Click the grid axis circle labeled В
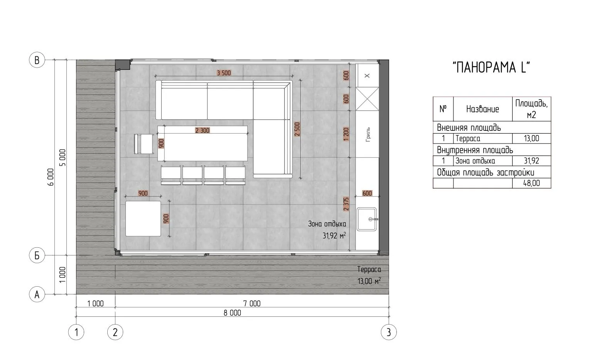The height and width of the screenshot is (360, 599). point(37,60)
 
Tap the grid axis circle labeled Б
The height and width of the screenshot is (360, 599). point(37,255)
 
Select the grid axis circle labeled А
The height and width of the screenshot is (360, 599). point(37,294)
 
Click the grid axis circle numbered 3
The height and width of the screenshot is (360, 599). point(389,332)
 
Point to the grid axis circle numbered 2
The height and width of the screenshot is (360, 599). point(115,332)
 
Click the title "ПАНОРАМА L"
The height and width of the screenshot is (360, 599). point(491,67)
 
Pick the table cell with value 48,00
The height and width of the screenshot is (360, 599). point(531,183)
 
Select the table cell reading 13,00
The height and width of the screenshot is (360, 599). point(531,139)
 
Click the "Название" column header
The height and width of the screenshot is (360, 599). point(483,109)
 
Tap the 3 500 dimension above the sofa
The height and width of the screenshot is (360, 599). point(224,73)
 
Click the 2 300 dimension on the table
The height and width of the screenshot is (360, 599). point(202,130)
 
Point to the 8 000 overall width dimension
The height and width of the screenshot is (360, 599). point(232,313)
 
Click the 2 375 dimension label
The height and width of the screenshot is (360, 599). point(346,204)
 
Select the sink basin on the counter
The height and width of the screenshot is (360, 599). point(367,219)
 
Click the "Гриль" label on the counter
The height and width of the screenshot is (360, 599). point(368,134)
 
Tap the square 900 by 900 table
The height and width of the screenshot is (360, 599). point(143,219)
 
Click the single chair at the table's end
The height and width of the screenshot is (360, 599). point(144,144)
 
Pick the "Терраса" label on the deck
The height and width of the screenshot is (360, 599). point(369,269)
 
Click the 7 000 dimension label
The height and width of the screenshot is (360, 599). point(252,304)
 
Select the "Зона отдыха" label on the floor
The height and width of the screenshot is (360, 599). point(327,224)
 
